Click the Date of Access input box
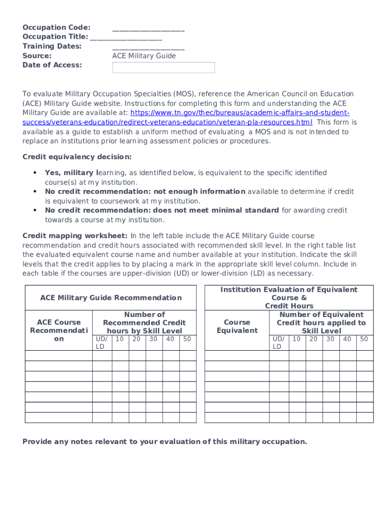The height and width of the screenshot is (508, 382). click(163, 67)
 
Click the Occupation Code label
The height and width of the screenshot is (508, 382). click(56, 27)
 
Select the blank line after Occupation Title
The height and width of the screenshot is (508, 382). click(126, 38)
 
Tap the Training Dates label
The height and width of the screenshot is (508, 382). click(52, 46)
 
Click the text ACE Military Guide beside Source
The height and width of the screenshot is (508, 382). click(144, 56)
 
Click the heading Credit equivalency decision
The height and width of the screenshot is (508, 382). click(77, 157)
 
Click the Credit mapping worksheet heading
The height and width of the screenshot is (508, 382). click(75, 236)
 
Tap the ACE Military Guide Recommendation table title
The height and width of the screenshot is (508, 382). click(111, 298)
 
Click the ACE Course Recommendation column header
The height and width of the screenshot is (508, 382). click(59, 330)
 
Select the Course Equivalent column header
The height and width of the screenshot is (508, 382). click(237, 326)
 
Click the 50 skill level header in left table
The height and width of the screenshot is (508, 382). click(187, 339)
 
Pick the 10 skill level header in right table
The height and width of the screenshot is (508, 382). click(296, 339)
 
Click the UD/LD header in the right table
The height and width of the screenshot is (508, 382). click(278, 342)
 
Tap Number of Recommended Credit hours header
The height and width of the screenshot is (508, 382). click(144, 322)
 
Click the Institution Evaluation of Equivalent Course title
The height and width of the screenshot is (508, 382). click(289, 298)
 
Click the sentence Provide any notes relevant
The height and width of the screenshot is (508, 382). click(165, 442)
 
